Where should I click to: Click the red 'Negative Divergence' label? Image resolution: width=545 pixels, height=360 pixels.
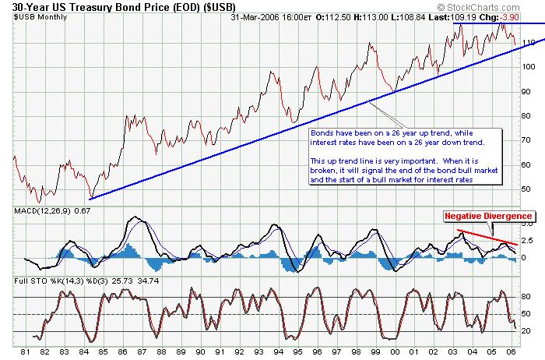(x=488, y=216)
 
